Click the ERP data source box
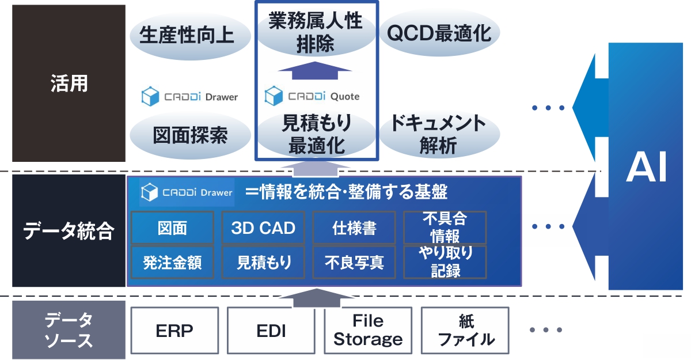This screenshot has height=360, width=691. [x=175, y=331]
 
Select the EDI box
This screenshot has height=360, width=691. [x=271, y=331]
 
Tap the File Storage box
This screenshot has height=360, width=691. [x=368, y=331]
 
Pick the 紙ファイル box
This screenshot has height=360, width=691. [x=465, y=331]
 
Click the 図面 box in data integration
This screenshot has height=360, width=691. [x=172, y=228]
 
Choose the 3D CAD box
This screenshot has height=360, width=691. [x=263, y=228]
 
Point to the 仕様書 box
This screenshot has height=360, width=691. [x=354, y=228]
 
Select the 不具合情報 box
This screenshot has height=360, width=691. [x=445, y=228]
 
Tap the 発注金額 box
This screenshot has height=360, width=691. [x=172, y=263]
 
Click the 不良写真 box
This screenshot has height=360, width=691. [x=354, y=263]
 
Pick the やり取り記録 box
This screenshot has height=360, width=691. [x=445, y=262]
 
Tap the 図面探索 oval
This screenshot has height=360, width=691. [x=190, y=135]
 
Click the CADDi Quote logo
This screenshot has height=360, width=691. [x=312, y=96]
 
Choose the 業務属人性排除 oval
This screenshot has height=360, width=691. [x=316, y=33]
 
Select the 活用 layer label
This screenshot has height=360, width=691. [x=69, y=84]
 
